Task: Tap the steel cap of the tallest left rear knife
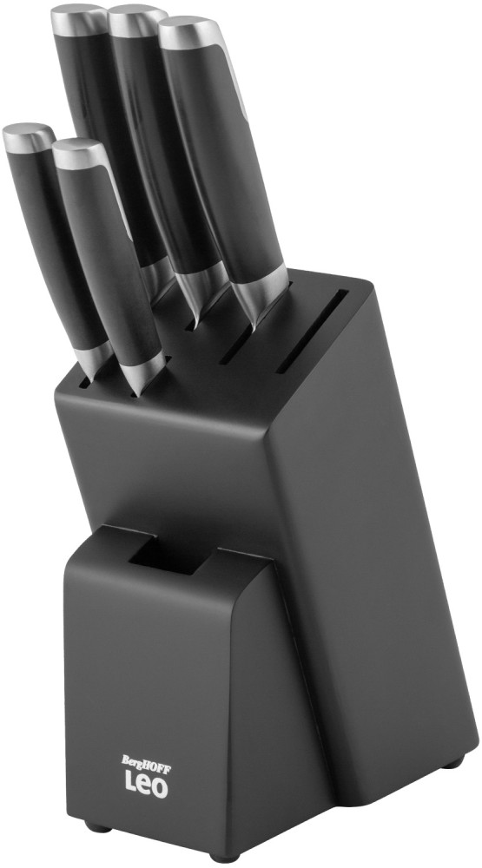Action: point(78,16)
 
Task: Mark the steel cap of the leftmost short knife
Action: point(28,136)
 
